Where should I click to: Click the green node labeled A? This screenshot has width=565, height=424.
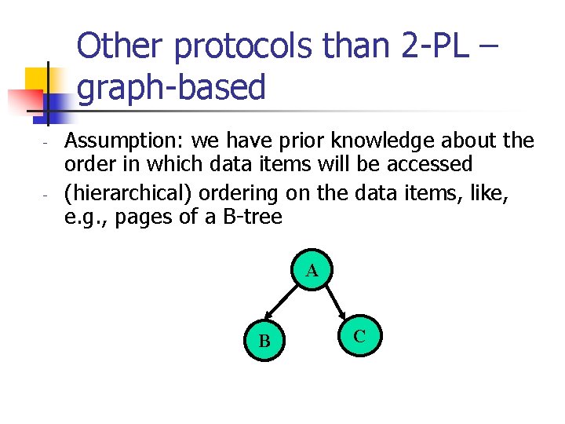click(312, 272)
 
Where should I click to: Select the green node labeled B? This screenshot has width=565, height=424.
click(264, 341)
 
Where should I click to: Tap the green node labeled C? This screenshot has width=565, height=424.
click(359, 336)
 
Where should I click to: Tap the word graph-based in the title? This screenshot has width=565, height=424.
click(173, 87)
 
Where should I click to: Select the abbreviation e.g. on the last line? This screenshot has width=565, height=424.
click(87, 217)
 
